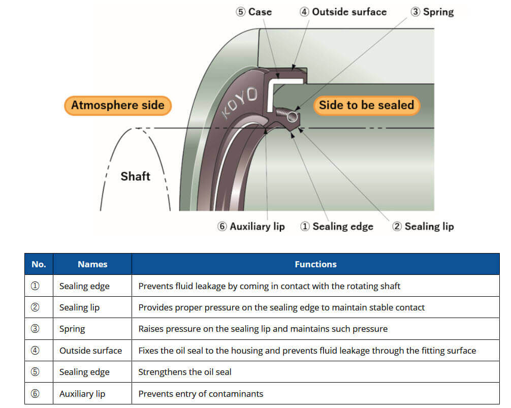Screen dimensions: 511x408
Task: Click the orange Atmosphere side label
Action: point(118,105)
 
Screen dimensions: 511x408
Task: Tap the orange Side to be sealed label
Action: point(367,105)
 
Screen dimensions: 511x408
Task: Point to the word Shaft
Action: point(135,176)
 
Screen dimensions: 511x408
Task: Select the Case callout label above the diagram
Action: point(254,12)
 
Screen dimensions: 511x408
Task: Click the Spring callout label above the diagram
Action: point(432,12)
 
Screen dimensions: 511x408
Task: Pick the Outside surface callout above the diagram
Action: point(343,12)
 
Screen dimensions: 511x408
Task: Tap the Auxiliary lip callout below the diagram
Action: point(251,226)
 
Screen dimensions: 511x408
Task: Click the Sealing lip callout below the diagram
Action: point(423,226)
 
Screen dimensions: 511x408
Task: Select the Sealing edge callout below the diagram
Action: point(337,226)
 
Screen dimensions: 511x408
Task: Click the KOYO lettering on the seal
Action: point(240,102)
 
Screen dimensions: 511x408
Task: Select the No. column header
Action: point(39,264)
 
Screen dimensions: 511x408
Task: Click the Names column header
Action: point(92,264)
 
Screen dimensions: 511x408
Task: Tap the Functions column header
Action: point(315,264)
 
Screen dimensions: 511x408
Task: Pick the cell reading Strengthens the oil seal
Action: point(185,372)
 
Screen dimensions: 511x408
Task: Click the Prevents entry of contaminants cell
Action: point(201,394)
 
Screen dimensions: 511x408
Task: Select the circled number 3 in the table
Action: point(35,329)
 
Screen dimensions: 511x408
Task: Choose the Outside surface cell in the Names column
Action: point(90,351)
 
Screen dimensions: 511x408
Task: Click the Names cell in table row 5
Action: point(84,372)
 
